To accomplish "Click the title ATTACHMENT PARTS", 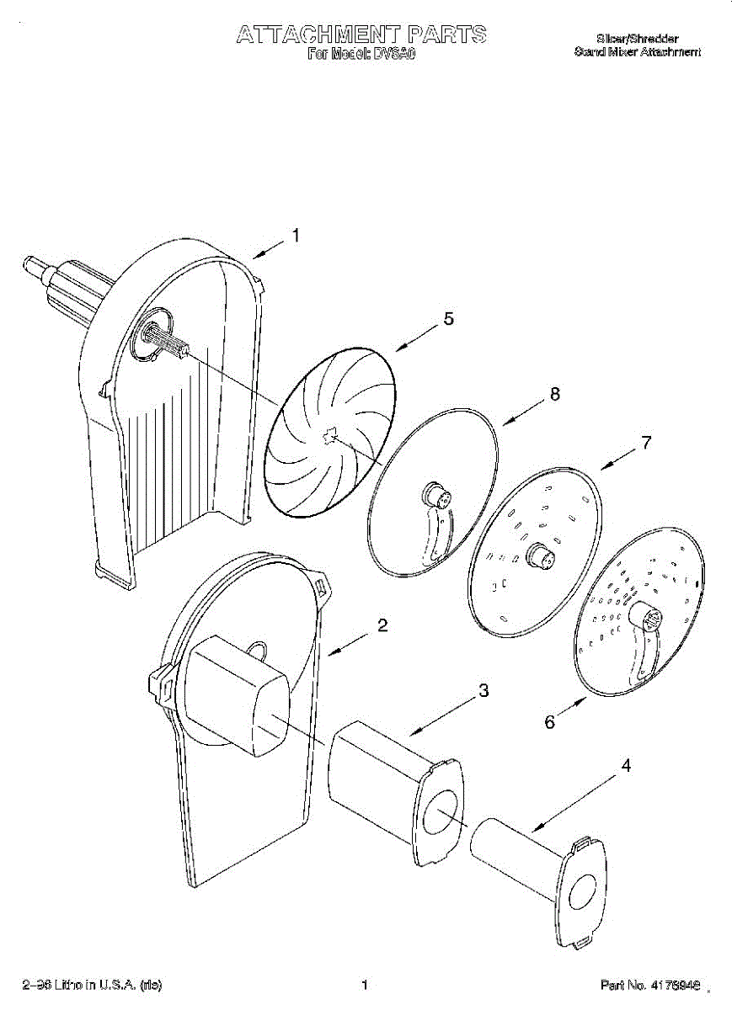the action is (x=361, y=35).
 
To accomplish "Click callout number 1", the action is (x=295, y=237).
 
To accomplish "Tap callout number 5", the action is (x=448, y=318).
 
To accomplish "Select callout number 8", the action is (x=554, y=394).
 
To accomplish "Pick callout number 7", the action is (x=646, y=443).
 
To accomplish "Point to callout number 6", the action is (x=549, y=721).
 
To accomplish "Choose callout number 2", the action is (x=382, y=625).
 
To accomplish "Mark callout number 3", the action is (x=483, y=691).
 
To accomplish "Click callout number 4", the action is (x=626, y=766).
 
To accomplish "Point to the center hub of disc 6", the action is (x=650, y=622).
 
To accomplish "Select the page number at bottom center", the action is (x=365, y=985).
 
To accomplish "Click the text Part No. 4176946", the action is (x=651, y=985).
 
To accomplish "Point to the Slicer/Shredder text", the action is (x=637, y=39).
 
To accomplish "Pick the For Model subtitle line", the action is (x=361, y=54).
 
